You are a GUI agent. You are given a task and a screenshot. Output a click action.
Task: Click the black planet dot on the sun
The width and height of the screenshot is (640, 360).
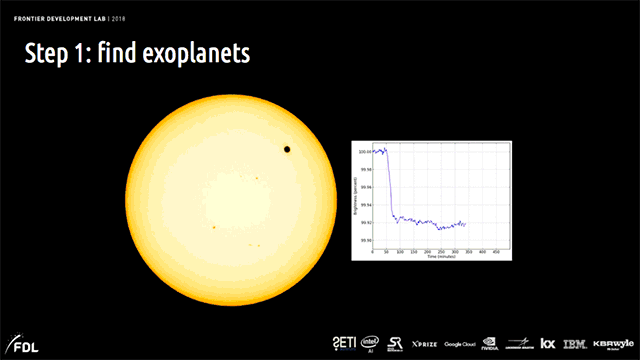click(288, 150)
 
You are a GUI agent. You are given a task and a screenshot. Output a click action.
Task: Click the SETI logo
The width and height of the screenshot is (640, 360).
click(342, 342)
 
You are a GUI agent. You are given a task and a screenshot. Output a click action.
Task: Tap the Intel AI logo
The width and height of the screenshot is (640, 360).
click(370, 343)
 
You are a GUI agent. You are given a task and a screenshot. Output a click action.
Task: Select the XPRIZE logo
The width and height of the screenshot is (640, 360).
click(424, 343)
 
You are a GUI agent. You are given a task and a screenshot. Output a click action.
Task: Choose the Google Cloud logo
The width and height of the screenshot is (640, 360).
click(460, 343)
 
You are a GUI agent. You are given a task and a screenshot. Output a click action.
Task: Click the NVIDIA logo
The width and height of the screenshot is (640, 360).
click(490, 343)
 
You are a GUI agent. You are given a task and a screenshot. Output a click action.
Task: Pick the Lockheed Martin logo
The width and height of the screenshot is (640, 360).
click(521, 343)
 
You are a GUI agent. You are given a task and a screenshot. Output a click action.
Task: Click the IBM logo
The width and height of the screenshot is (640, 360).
click(574, 343)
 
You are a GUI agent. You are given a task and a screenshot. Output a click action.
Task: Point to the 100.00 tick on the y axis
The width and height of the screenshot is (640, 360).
click(365, 151)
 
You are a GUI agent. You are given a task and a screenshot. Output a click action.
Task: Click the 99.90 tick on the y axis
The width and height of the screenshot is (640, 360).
click(365, 240)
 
